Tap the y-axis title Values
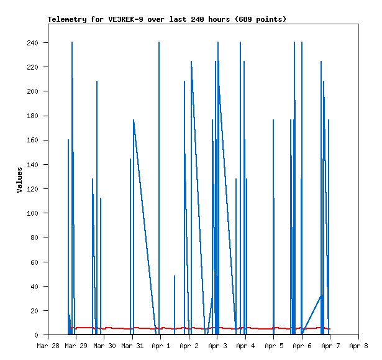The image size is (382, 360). [x=19, y=180]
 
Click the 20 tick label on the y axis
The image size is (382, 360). [x=34, y=311]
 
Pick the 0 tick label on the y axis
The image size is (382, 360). [x=37, y=335]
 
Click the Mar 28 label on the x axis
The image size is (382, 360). [x=48, y=345]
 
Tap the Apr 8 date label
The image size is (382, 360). [x=358, y=345]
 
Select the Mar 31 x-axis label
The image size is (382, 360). [x=131, y=345]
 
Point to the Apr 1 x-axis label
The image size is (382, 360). [x=160, y=345]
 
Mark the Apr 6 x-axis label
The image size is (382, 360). [x=302, y=345]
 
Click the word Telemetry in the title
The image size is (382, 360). [x=66, y=19]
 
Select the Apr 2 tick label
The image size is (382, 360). [x=189, y=345]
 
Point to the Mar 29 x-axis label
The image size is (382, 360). [x=75, y=345]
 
